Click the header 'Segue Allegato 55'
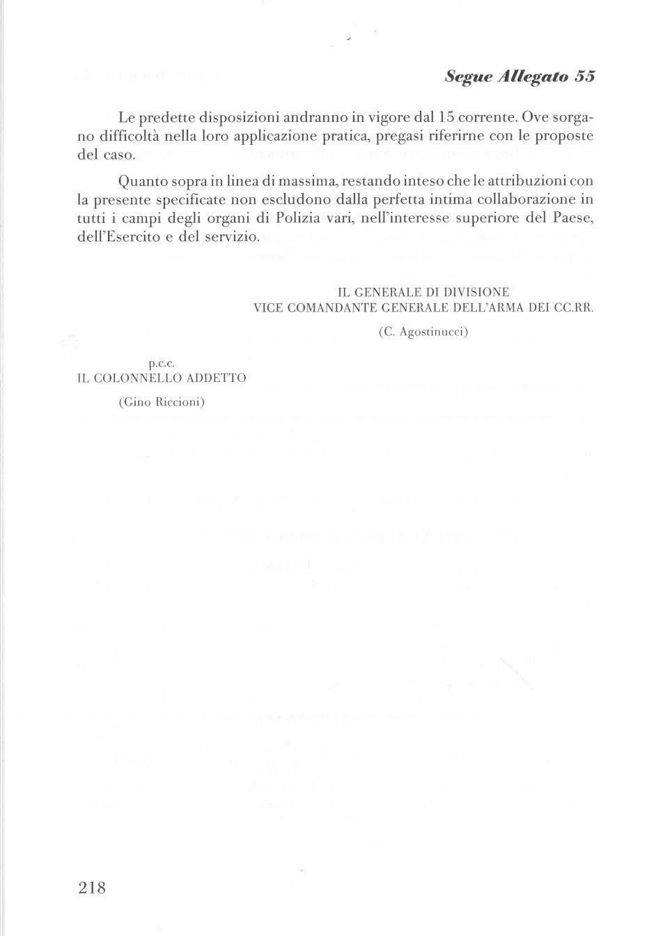519,77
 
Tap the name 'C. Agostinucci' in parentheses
423,332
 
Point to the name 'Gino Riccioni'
162,402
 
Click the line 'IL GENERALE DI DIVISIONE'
423,292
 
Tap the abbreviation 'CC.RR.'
574,307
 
